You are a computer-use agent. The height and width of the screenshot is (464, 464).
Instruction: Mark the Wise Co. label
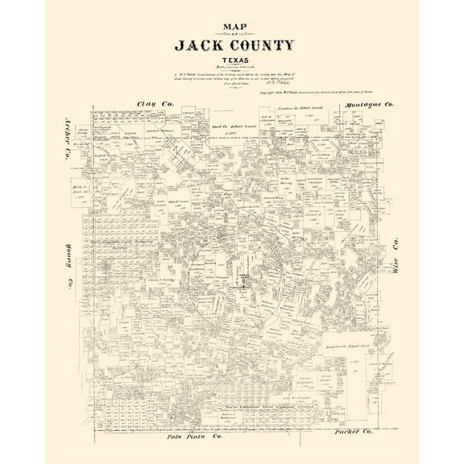pos(396,259)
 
